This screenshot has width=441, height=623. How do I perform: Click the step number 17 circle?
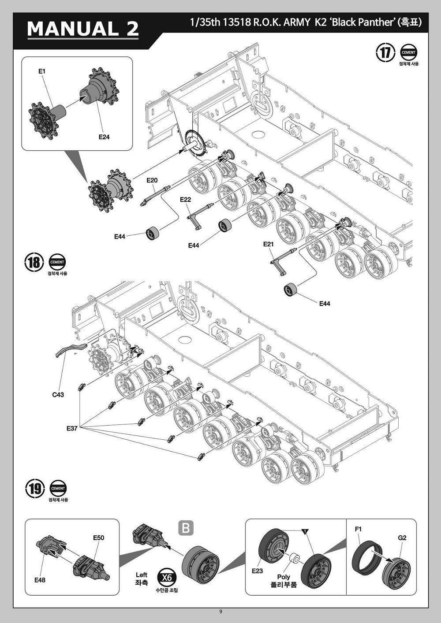385,52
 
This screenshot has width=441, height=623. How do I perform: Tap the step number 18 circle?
34,262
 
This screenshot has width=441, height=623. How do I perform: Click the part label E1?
42,71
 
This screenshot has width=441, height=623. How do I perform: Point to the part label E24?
104,137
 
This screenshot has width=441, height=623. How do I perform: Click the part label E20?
152,180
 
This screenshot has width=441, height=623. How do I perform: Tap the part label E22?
185,200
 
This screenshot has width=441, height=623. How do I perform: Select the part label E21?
269,244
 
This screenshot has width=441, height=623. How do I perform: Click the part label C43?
58,394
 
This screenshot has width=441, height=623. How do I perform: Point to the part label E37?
72,428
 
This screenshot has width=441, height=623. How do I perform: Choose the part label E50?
98,538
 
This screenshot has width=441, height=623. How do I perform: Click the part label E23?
257,571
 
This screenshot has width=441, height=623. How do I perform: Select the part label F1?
358,529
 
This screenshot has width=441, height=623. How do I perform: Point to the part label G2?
402,538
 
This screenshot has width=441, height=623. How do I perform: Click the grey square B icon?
186,527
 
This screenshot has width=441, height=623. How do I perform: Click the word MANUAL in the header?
73,29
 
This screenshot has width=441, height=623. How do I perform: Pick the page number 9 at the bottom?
220,611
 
